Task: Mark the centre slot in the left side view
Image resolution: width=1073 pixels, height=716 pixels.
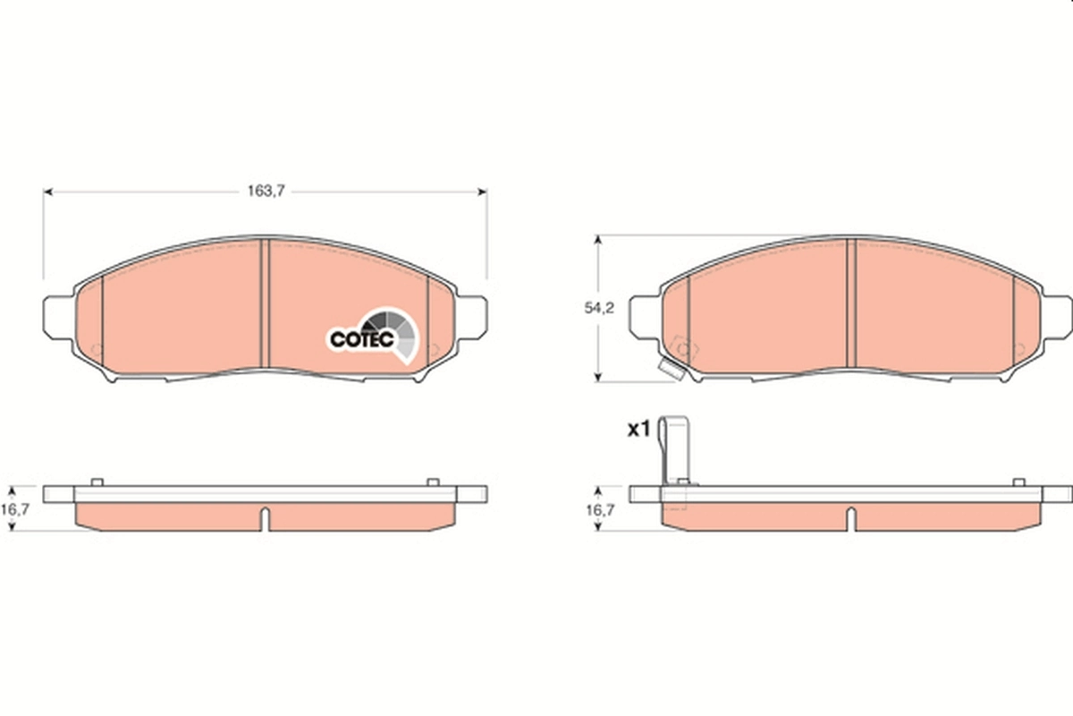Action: [265, 518]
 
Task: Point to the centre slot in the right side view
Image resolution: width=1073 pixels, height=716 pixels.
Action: [851, 518]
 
